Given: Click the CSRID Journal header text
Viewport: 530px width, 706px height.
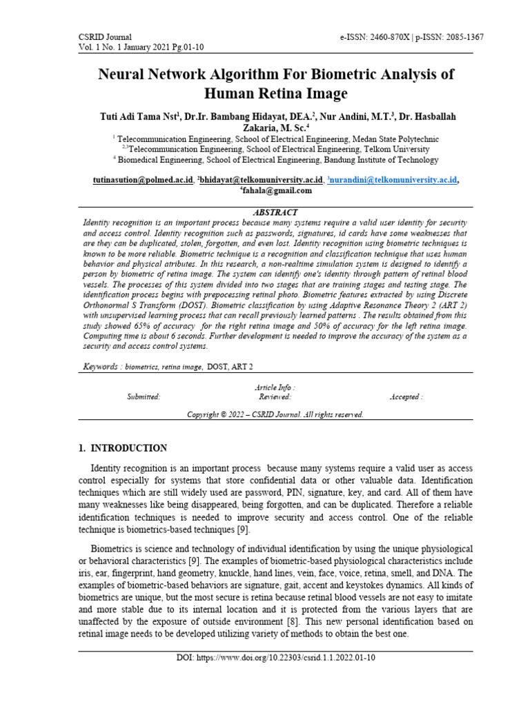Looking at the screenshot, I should (x=106, y=37).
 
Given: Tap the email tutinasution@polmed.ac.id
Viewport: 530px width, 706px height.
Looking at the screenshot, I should (x=143, y=180).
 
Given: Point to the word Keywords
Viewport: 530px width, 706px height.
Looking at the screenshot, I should (x=99, y=367).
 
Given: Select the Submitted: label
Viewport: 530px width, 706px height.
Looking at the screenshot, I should (x=143, y=397).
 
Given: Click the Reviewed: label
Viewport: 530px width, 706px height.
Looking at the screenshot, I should (x=275, y=397).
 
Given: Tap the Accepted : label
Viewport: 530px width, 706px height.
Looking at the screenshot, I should (x=406, y=397).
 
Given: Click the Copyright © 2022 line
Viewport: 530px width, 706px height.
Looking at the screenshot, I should (x=275, y=415).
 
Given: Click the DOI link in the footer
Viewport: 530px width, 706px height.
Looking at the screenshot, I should (x=275, y=659).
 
